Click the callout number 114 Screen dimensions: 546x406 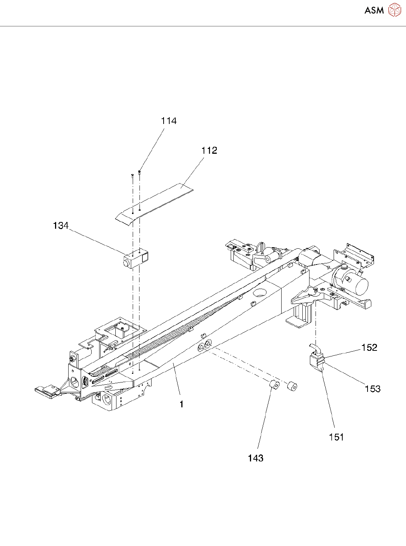(x=169, y=121)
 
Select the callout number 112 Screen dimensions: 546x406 (x=209, y=151)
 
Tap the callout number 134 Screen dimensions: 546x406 (x=61, y=226)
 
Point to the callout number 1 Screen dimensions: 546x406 (x=182, y=404)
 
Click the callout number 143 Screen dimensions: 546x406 (x=256, y=458)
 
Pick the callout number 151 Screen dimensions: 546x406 (x=336, y=437)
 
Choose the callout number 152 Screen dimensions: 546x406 (x=369, y=347)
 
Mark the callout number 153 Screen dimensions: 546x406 (x=372, y=389)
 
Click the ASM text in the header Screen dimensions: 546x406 (x=374, y=11)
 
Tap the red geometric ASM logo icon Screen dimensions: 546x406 (x=394, y=10)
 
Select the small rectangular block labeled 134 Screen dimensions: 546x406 (x=135, y=259)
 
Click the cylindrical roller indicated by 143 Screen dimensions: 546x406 (x=274, y=385)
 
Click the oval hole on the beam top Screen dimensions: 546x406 (x=259, y=292)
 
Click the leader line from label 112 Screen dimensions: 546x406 (x=192, y=171)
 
